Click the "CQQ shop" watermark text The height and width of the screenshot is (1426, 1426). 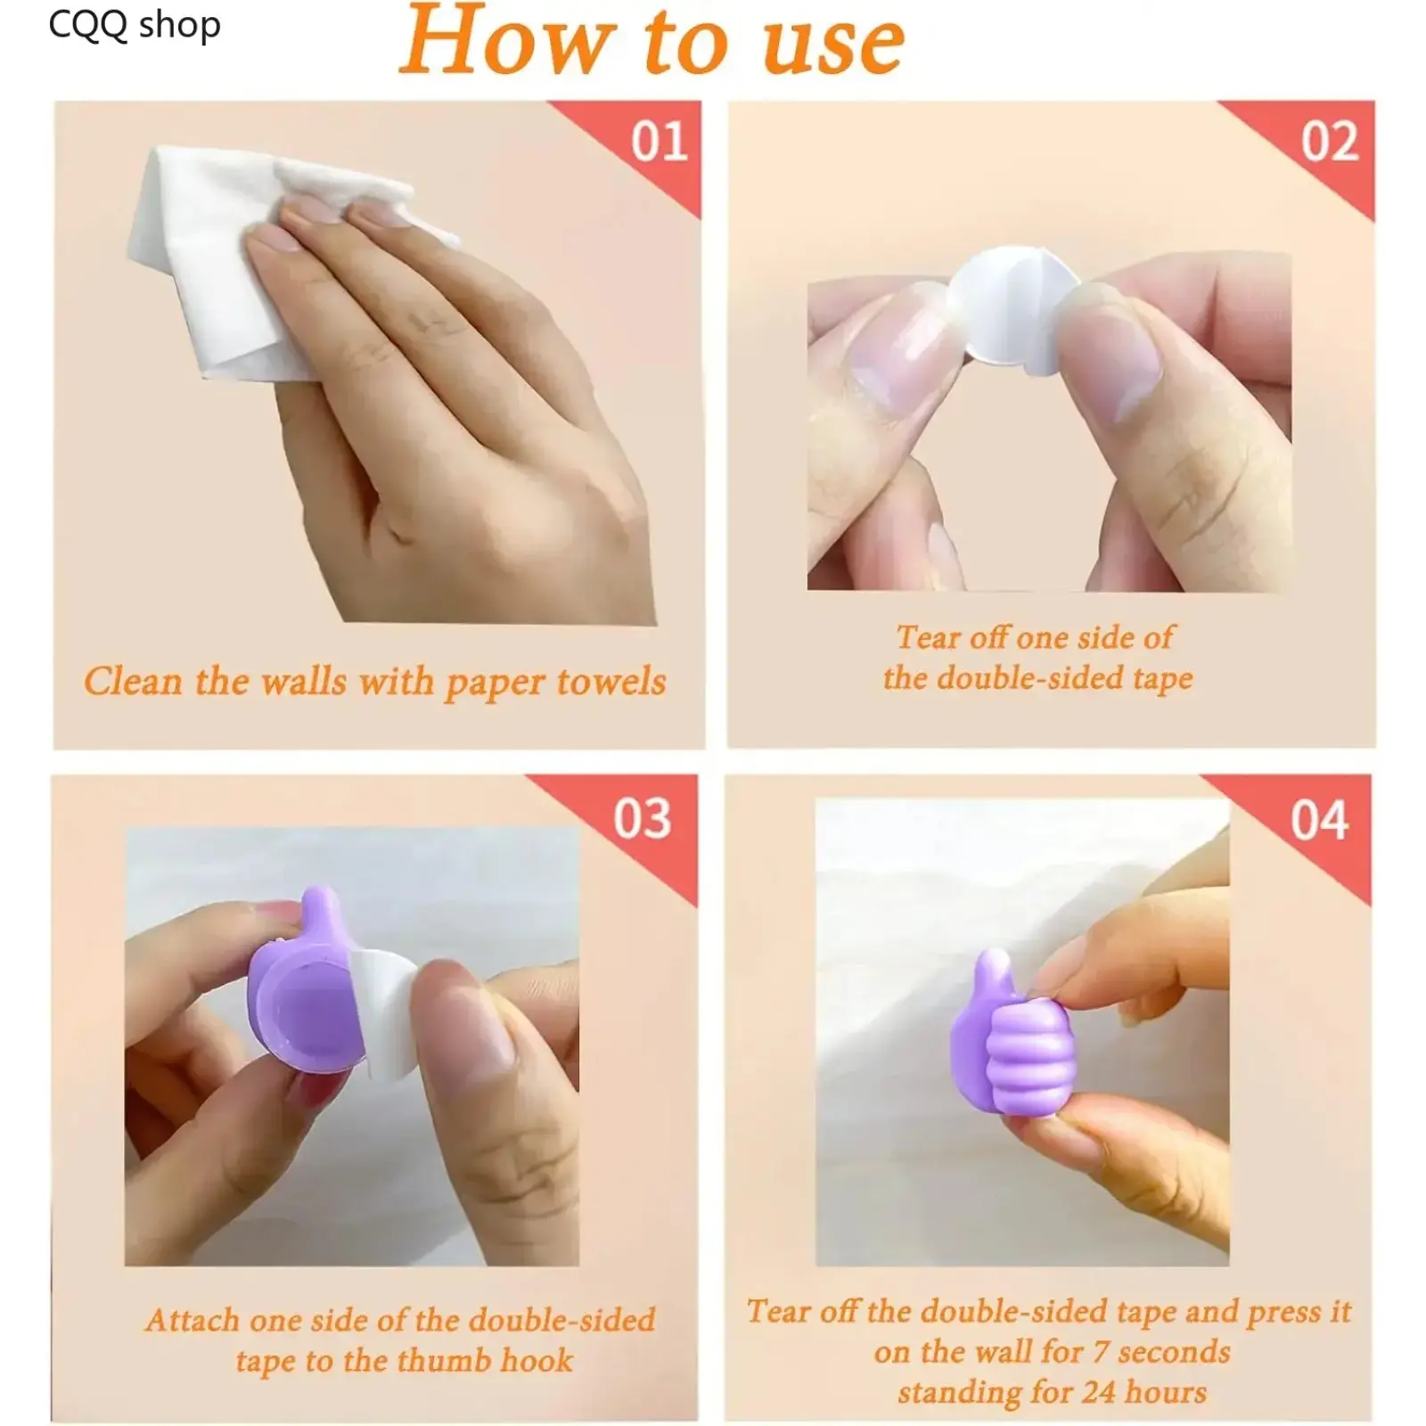pyautogui.click(x=135, y=25)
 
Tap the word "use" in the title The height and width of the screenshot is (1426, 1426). pyautogui.click(x=833, y=45)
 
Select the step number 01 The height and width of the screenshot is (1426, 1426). pyautogui.click(x=660, y=142)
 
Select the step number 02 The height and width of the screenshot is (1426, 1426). pyautogui.click(x=1330, y=142)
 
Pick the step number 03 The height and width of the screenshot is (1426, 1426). pyautogui.click(x=642, y=818)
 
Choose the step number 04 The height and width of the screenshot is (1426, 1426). pyautogui.click(x=1319, y=820)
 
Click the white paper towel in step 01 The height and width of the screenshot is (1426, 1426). pyautogui.click(x=241, y=258)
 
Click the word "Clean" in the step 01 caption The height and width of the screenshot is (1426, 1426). pyautogui.click(x=133, y=681)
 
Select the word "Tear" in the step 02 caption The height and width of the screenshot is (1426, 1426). pyautogui.click(x=929, y=637)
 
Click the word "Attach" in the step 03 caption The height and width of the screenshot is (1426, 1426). pyautogui.click(x=193, y=1320)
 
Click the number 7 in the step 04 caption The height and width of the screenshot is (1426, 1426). pyautogui.click(x=1101, y=1352)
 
